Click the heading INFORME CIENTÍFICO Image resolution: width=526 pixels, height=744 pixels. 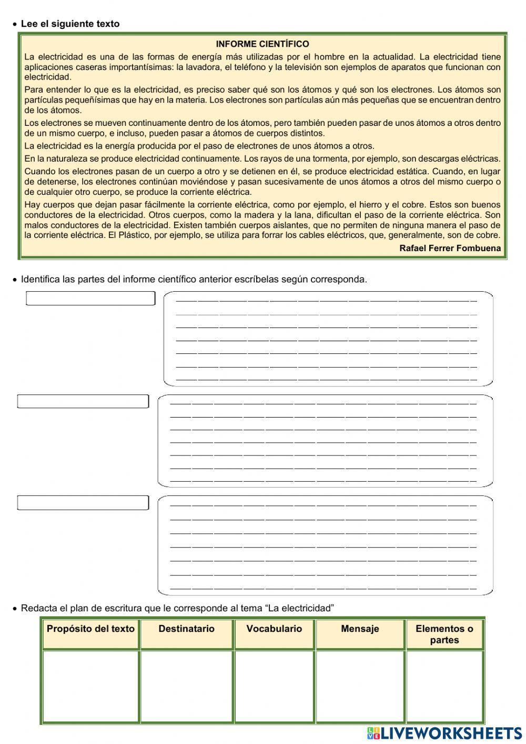coord(262,44)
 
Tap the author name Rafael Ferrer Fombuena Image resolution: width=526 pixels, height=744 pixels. coord(450,248)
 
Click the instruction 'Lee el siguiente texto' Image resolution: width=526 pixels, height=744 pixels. coord(70,24)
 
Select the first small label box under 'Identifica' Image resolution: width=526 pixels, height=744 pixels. coord(90,299)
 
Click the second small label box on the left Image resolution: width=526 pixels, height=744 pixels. coord(83,401)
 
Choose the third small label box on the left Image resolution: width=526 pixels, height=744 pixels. coord(83,503)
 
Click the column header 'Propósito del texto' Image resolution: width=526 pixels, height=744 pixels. coord(90,629)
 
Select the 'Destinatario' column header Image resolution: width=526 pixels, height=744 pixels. coord(186,629)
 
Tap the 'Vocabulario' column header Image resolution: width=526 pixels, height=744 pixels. coord(274,629)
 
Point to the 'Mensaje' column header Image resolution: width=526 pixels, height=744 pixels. coord(360,629)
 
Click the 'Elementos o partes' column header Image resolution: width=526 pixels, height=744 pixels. coord(444,634)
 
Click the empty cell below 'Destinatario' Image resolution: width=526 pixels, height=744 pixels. coord(186,687)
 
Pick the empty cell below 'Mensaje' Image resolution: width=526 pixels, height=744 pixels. coord(360,687)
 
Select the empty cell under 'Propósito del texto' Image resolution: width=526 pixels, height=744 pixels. coord(90,687)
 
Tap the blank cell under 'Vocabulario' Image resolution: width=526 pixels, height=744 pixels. coord(274,687)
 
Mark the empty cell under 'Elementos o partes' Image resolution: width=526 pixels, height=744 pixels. coord(444,687)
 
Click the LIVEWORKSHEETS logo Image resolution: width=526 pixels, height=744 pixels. coord(444,733)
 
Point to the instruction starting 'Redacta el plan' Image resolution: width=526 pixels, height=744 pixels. coord(177,608)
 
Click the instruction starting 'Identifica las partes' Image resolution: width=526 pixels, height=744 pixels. coord(194,279)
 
